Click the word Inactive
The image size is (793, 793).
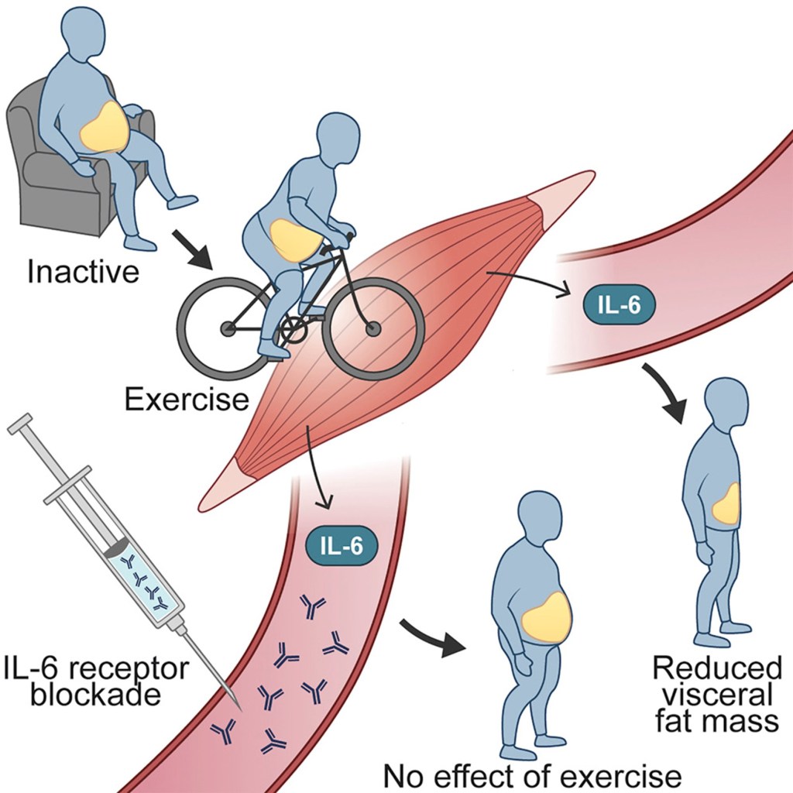pos(83,272)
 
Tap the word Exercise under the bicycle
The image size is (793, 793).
pos(187,399)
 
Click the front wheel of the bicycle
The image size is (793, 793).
pos(373,328)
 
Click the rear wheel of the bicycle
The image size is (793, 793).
pos(227,328)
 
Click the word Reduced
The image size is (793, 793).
pos(717,668)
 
